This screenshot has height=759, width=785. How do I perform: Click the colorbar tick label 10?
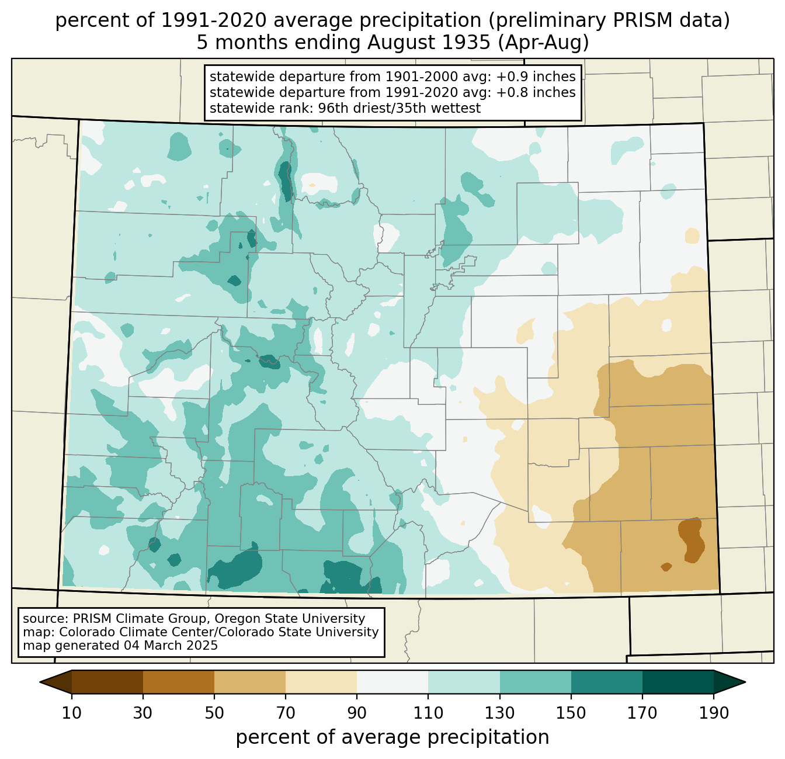[71, 713]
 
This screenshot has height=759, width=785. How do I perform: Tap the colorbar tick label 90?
[357, 713]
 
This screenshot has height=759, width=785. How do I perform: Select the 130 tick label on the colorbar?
[499, 713]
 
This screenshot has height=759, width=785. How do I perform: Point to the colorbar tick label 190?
[713, 713]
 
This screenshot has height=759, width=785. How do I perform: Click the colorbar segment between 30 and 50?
[178, 682]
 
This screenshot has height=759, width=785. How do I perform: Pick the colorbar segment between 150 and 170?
[606, 682]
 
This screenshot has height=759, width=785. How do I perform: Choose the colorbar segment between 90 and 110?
[392, 682]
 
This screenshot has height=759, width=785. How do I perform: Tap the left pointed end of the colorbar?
[40, 682]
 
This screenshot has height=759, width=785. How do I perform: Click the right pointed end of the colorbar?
[745, 682]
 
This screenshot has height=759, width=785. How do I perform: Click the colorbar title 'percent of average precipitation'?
[392, 737]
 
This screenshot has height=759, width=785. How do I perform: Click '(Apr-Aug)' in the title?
[543, 43]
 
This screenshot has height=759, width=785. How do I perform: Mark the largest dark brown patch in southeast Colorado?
[692, 540]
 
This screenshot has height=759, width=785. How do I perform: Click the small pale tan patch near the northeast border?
[692, 235]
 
